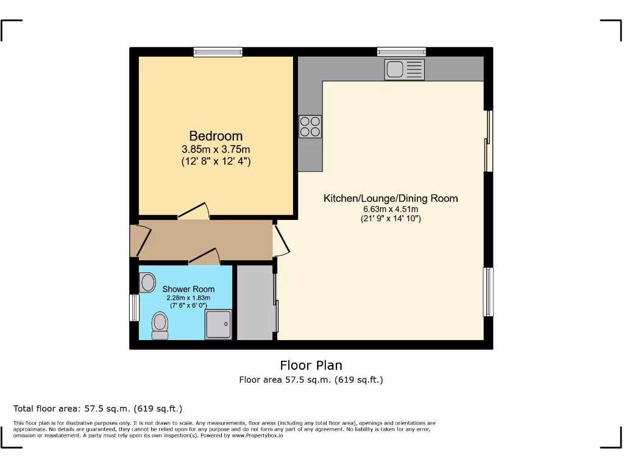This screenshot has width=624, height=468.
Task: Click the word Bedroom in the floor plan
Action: (216, 136)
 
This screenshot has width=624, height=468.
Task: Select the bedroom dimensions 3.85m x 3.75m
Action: (216, 149)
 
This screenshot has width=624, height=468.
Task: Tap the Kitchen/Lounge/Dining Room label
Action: (390, 198)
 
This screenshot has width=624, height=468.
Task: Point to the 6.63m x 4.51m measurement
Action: (390, 209)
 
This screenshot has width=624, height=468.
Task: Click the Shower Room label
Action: (188, 289)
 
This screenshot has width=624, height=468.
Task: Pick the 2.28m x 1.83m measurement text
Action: (188, 298)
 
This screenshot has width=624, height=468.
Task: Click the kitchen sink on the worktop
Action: (404, 69)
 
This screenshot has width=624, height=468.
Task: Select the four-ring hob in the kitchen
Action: (310, 126)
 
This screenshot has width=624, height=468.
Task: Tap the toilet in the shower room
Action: (160, 325)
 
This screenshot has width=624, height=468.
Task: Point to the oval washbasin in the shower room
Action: (147, 282)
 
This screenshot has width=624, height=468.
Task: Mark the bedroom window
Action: (218, 52)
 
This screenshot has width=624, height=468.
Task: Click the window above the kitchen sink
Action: (401, 52)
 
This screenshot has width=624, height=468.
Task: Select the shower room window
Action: (134, 308)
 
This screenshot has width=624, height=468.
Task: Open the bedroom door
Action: (194, 212)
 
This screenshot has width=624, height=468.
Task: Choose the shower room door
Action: (204, 257)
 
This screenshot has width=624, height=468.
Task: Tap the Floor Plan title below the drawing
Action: (311, 366)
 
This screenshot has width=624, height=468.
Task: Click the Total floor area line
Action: (98, 408)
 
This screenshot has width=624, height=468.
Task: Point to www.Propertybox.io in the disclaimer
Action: (257, 436)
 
